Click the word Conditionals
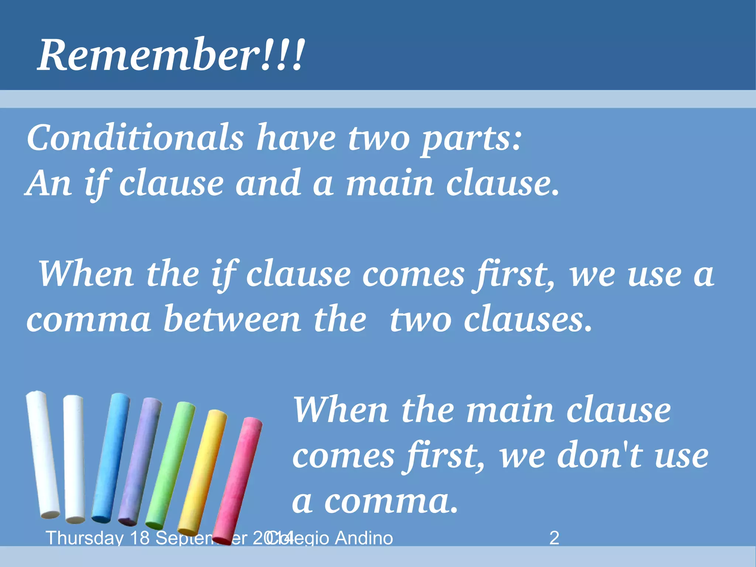click(x=135, y=137)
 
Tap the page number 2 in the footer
click(x=554, y=538)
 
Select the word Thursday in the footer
click(x=84, y=538)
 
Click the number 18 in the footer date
click(x=140, y=538)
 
